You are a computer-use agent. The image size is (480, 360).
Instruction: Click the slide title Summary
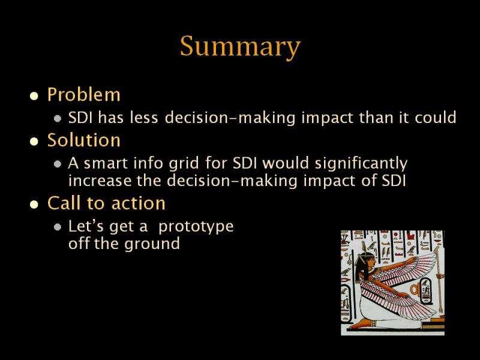pos(241,46)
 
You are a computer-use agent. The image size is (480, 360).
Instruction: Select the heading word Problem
pos(84,94)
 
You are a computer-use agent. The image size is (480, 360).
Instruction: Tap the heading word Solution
pos(84,140)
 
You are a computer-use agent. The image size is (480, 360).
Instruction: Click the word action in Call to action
pos(139,203)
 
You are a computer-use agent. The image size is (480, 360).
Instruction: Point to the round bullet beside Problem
pos(34,96)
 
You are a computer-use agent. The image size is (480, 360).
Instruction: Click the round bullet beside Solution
pos(34,142)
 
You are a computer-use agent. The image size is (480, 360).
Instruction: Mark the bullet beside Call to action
pos(34,204)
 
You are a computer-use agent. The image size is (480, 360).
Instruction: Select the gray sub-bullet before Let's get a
pos(57,227)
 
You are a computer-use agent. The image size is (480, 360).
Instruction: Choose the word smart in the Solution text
pos(106,163)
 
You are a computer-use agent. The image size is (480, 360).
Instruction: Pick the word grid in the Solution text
pos(184,163)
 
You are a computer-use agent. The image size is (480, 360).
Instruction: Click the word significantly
pos(361,163)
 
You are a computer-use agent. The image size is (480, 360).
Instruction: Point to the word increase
pos(100,181)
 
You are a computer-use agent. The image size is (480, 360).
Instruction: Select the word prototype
pos(196,227)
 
